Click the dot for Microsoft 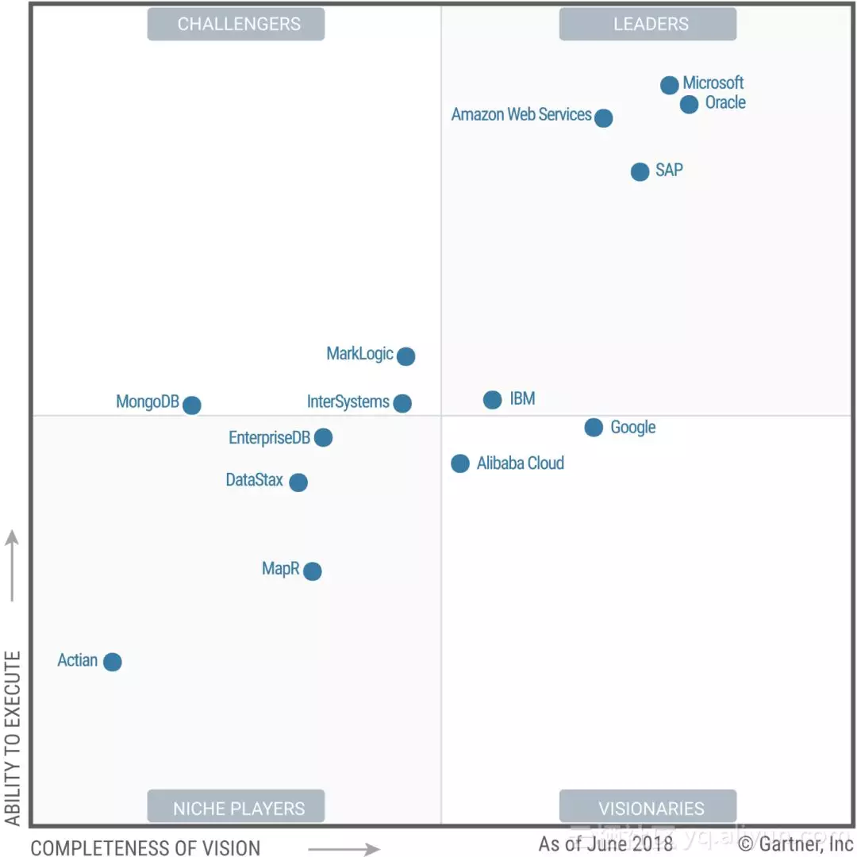pyautogui.click(x=670, y=85)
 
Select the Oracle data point pyautogui.click(x=690, y=104)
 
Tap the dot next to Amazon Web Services pyautogui.click(x=604, y=118)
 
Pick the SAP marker pyautogui.click(x=640, y=171)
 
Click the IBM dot pyautogui.click(x=493, y=400)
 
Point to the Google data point pyautogui.click(x=594, y=428)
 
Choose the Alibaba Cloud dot pyautogui.click(x=460, y=463)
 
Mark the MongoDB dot pyautogui.click(x=192, y=405)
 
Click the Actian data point pyautogui.click(x=113, y=662)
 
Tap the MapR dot pyautogui.click(x=313, y=571)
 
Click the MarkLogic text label pyautogui.click(x=359, y=354)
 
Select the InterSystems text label pyautogui.click(x=348, y=402)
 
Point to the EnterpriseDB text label pyautogui.click(x=269, y=438)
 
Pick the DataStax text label pyautogui.click(x=254, y=480)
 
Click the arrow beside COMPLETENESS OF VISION pyautogui.click(x=344, y=849)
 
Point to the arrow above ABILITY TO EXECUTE pyautogui.click(x=12, y=565)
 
